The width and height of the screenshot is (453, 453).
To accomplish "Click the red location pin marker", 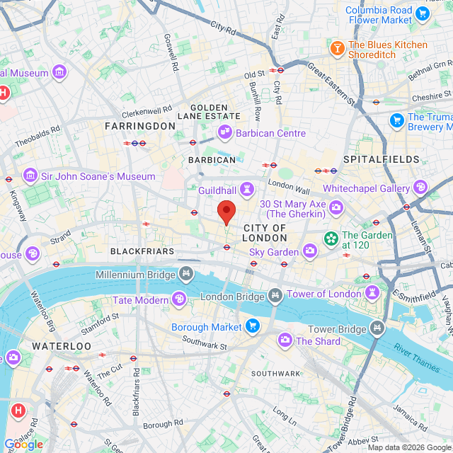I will (226, 211).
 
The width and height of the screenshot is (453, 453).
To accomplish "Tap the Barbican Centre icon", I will (225, 132).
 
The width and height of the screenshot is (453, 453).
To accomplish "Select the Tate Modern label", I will (140, 300).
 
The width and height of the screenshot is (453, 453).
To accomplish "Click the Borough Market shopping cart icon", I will (253, 326).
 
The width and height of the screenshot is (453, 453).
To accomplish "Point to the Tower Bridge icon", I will (377, 328).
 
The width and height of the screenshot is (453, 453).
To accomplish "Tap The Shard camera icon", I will (285, 340).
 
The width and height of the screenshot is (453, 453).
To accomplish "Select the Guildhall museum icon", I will (247, 189).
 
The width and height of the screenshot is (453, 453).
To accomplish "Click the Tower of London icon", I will (372, 293).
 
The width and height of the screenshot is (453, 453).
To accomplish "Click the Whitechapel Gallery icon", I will (420, 188).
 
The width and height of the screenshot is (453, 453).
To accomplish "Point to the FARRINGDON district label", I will (139, 125).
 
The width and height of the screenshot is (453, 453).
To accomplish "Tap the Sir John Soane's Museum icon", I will (30, 175).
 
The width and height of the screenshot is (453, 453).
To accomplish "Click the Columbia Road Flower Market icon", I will (423, 13).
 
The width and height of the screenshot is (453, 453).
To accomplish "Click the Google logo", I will (23, 445).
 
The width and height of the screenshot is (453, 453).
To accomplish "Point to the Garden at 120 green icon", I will (330, 239).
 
